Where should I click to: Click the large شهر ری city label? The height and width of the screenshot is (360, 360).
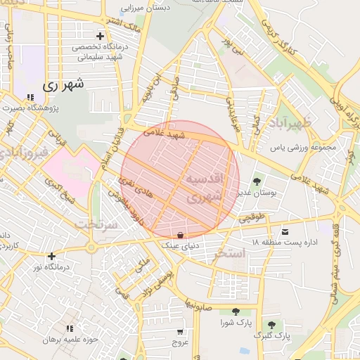(x=63, y=84)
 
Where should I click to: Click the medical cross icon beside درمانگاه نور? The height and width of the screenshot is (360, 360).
(x=51, y=256)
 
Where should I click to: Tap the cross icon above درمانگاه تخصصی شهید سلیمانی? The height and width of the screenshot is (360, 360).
(x=100, y=36)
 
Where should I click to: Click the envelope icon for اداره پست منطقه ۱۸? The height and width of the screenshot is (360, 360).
(x=284, y=231)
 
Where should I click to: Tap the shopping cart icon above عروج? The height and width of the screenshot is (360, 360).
(x=181, y=331)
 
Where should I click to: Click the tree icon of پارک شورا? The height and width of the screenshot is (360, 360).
(x=234, y=312)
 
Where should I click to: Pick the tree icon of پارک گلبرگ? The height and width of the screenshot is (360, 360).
(x=271, y=324)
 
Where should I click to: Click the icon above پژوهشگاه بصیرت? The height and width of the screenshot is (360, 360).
(x=30, y=98)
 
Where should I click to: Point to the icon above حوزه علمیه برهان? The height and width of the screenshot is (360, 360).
(x=70, y=328)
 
